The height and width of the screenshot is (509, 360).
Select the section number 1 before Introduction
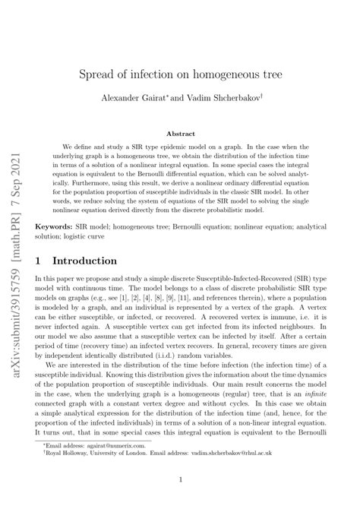(x=39, y=260)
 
